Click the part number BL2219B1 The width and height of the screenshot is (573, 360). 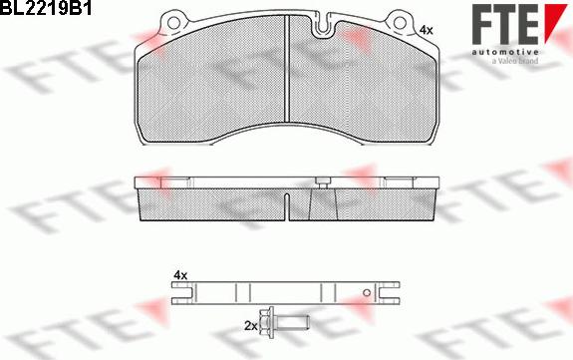pyautogui.click(x=45, y=7)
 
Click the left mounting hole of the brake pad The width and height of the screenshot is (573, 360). pyautogui.click(x=173, y=23)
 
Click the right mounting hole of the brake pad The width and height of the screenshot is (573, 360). pyautogui.click(x=400, y=23)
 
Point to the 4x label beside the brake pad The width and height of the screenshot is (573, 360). pyautogui.click(x=426, y=30)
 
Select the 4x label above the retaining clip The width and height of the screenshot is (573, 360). pyautogui.click(x=180, y=275)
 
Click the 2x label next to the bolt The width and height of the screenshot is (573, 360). pyautogui.click(x=251, y=326)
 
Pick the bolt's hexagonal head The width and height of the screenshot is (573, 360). pyautogui.click(x=267, y=322)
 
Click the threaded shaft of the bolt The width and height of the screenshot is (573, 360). pyautogui.click(x=292, y=322)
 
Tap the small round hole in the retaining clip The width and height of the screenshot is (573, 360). pyautogui.click(x=367, y=292)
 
